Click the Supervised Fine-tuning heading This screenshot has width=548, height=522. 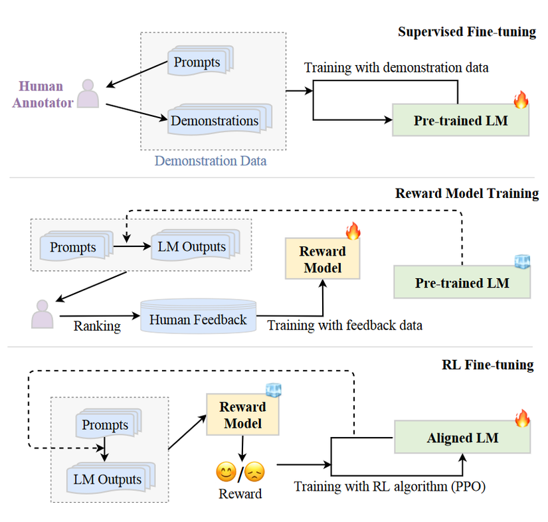[466, 32]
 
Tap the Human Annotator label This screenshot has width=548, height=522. [41, 94]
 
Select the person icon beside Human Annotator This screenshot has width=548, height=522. [88, 94]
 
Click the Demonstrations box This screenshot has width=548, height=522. [215, 121]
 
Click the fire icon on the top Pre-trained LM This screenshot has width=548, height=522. [520, 101]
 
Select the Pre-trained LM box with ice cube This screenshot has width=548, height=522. [462, 283]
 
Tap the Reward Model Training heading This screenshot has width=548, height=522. [466, 193]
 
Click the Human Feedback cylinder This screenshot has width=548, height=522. [198, 319]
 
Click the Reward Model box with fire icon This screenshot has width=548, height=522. [323, 259]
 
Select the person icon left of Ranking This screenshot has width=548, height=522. [42, 313]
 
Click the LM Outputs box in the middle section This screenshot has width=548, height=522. [192, 247]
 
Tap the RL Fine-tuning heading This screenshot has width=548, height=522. [487, 365]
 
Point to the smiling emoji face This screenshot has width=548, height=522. [227, 472]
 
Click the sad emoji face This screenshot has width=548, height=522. [254, 472]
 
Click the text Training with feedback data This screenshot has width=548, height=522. [344, 325]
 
